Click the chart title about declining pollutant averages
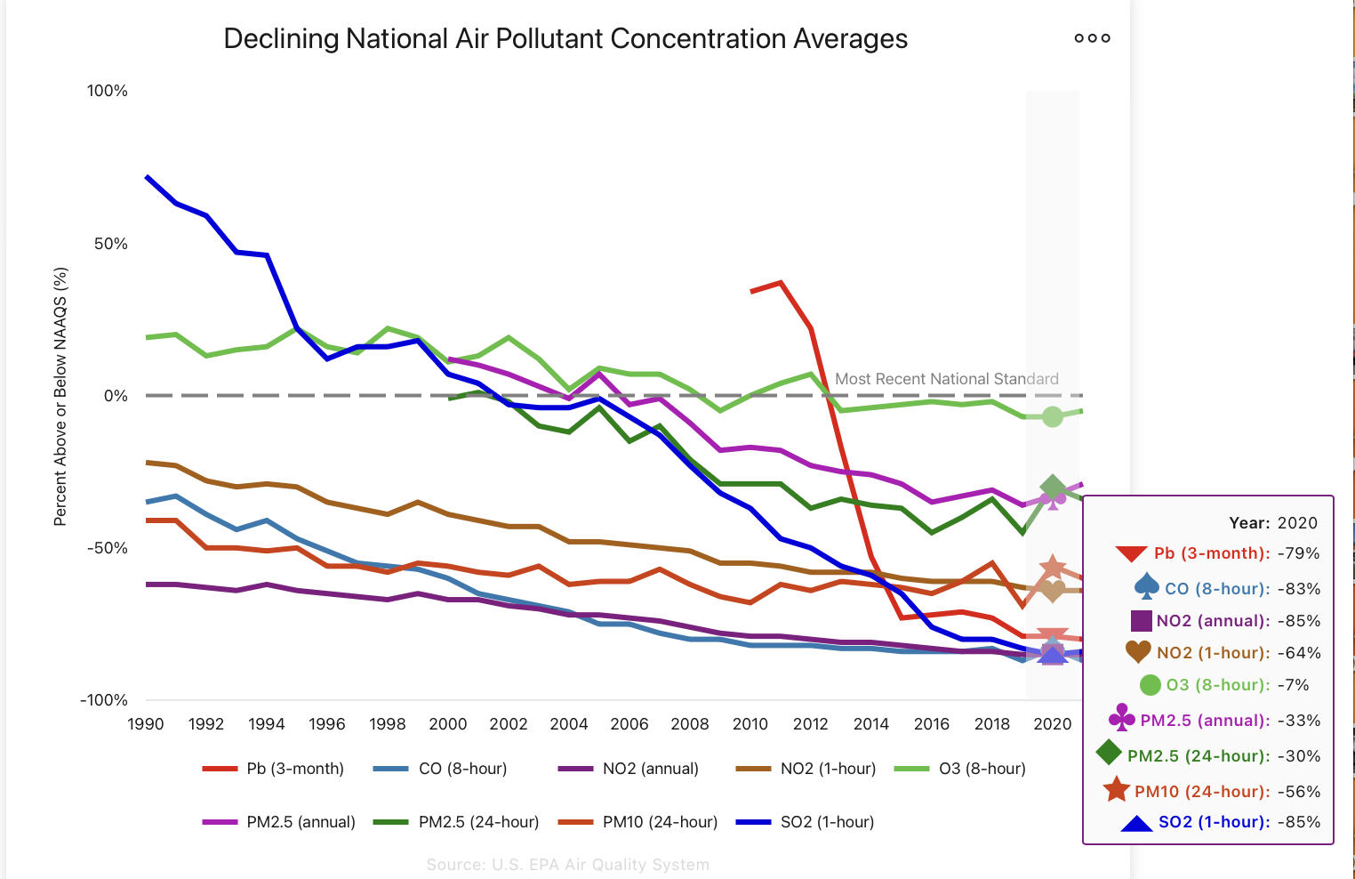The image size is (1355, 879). (565, 39)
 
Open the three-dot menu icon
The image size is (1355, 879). (1092, 38)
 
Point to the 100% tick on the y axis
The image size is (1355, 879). (108, 91)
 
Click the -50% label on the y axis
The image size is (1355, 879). (108, 548)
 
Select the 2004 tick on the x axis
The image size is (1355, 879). (569, 724)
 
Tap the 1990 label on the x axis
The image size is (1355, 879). (146, 724)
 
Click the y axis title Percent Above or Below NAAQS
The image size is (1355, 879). (60, 396)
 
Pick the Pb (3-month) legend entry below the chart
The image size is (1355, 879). (274, 769)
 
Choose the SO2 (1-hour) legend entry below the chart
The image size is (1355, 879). (806, 822)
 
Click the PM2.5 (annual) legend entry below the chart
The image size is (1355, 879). (279, 822)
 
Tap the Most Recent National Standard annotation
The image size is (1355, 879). (946, 379)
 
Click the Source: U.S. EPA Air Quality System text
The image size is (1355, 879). (567, 865)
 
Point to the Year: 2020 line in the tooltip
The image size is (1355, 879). (1273, 523)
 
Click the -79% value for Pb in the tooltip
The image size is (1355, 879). (1299, 553)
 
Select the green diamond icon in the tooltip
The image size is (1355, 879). (1109, 753)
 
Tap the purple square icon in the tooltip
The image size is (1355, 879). (1142, 621)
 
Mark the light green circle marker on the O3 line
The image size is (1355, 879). (1053, 416)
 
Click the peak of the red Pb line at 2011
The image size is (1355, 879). (781, 283)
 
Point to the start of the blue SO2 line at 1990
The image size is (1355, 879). (147, 177)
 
